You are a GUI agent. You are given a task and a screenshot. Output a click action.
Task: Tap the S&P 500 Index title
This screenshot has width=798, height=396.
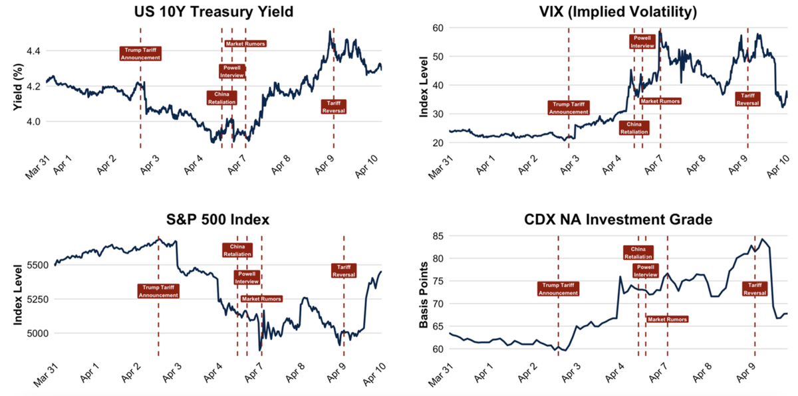(214, 220)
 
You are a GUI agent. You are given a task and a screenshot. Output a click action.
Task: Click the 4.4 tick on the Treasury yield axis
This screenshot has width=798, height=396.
(31, 51)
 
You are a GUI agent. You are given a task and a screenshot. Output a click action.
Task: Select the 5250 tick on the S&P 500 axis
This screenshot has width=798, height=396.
(27, 299)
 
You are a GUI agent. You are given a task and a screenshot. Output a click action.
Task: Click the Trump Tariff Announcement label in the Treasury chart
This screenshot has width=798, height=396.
(140, 54)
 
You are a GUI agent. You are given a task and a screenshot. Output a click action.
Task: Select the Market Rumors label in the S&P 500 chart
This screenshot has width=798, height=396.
(261, 299)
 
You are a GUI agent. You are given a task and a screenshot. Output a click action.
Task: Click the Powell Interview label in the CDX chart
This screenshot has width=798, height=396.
(645, 271)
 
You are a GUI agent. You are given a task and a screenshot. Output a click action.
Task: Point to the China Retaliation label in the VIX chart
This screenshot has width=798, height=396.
(634, 128)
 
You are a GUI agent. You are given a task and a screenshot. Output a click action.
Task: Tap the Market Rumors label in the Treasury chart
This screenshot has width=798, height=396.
(245, 44)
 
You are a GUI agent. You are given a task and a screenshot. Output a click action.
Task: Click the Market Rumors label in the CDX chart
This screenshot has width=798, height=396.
(667, 319)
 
